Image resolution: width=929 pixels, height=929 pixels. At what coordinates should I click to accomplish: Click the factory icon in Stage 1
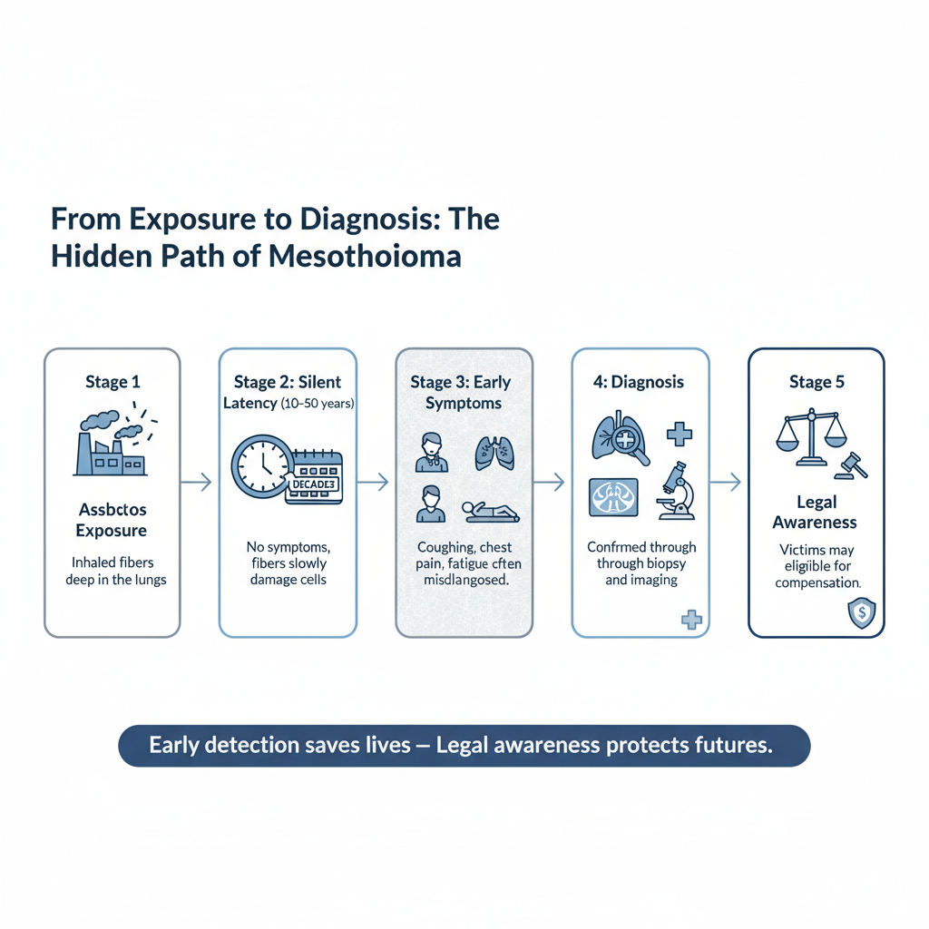(110, 447)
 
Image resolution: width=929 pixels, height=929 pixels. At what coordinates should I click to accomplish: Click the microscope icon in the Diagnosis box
(673, 491)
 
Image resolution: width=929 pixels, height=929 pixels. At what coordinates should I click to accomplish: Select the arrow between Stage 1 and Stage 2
(196, 483)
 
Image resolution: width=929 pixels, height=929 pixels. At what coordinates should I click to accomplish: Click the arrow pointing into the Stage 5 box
(724, 483)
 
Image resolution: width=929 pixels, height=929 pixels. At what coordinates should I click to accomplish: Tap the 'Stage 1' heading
(112, 382)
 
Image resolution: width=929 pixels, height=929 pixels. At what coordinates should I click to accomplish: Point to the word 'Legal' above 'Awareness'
(817, 503)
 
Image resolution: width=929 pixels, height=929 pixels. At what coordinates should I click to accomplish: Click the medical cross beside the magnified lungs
(679, 434)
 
